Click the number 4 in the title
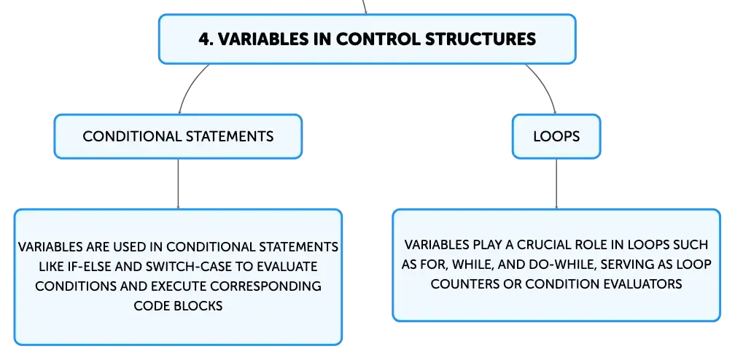pos(203,39)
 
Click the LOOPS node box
pos(556,136)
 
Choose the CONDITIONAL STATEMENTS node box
pos(178,136)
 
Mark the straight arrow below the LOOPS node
pos(556,184)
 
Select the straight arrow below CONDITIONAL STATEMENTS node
pos(178,184)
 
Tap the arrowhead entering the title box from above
pos(365,12)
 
